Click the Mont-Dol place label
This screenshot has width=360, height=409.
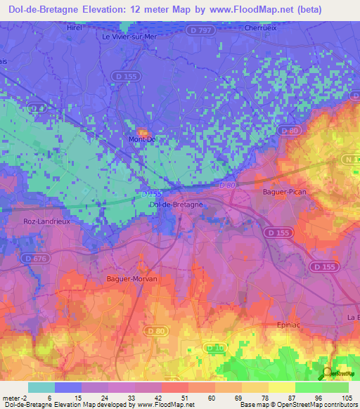coord(142,139)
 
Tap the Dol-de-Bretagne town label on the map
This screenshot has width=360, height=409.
coord(176,204)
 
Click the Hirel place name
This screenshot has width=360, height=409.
coord(75,27)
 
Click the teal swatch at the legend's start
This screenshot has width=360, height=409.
coord(41,387)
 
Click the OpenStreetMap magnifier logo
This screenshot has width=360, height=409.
coord(328,372)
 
